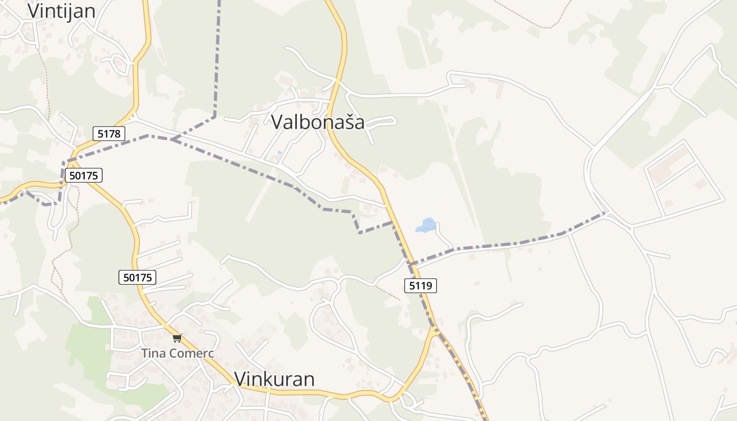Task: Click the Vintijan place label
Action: click(x=61, y=11)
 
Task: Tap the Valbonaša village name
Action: click(x=317, y=122)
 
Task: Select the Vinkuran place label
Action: click(x=274, y=379)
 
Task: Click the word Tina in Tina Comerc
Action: click(x=153, y=353)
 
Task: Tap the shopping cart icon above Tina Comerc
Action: click(x=177, y=338)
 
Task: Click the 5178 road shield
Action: click(x=109, y=134)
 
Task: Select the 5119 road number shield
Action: click(x=421, y=286)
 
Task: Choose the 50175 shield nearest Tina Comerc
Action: click(x=137, y=277)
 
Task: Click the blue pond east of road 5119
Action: click(x=426, y=225)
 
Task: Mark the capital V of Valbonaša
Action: click(x=277, y=122)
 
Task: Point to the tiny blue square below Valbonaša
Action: click(x=280, y=153)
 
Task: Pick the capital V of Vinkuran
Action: click(x=240, y=379)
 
